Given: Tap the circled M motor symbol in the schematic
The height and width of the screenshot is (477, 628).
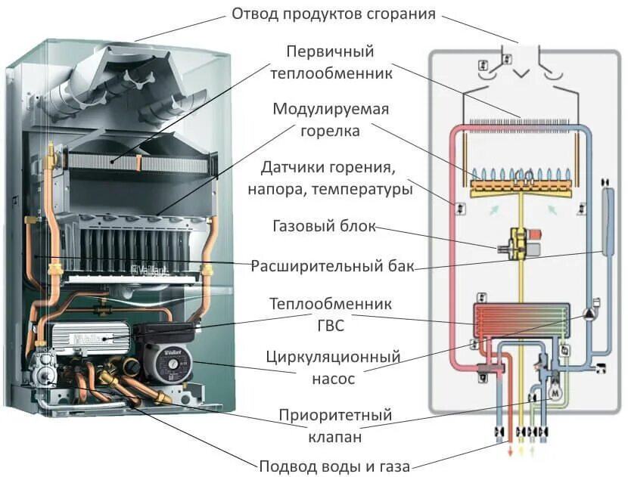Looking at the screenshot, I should pos(554,393).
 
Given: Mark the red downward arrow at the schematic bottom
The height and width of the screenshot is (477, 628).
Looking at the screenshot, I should pos(508,452).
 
